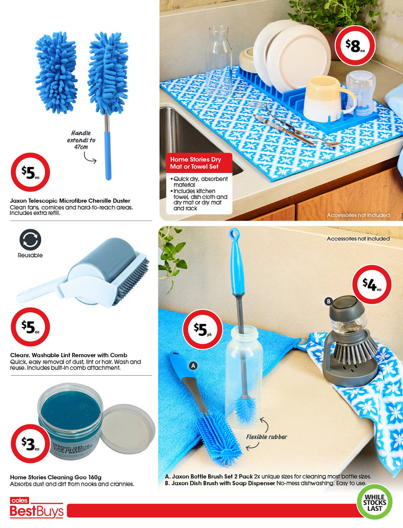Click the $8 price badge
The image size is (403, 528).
(355, 46)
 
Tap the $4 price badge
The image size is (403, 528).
(372, 285)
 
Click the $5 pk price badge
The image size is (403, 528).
(203, 329)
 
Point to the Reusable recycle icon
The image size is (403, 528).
(30, 239)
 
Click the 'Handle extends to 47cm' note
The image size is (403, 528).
(81, 140)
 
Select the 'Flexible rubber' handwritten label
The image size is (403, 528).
(266, 437)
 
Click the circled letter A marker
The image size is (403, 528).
(193, 366)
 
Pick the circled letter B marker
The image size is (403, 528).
(329, 301)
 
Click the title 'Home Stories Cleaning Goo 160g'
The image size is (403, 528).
(56, 477)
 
